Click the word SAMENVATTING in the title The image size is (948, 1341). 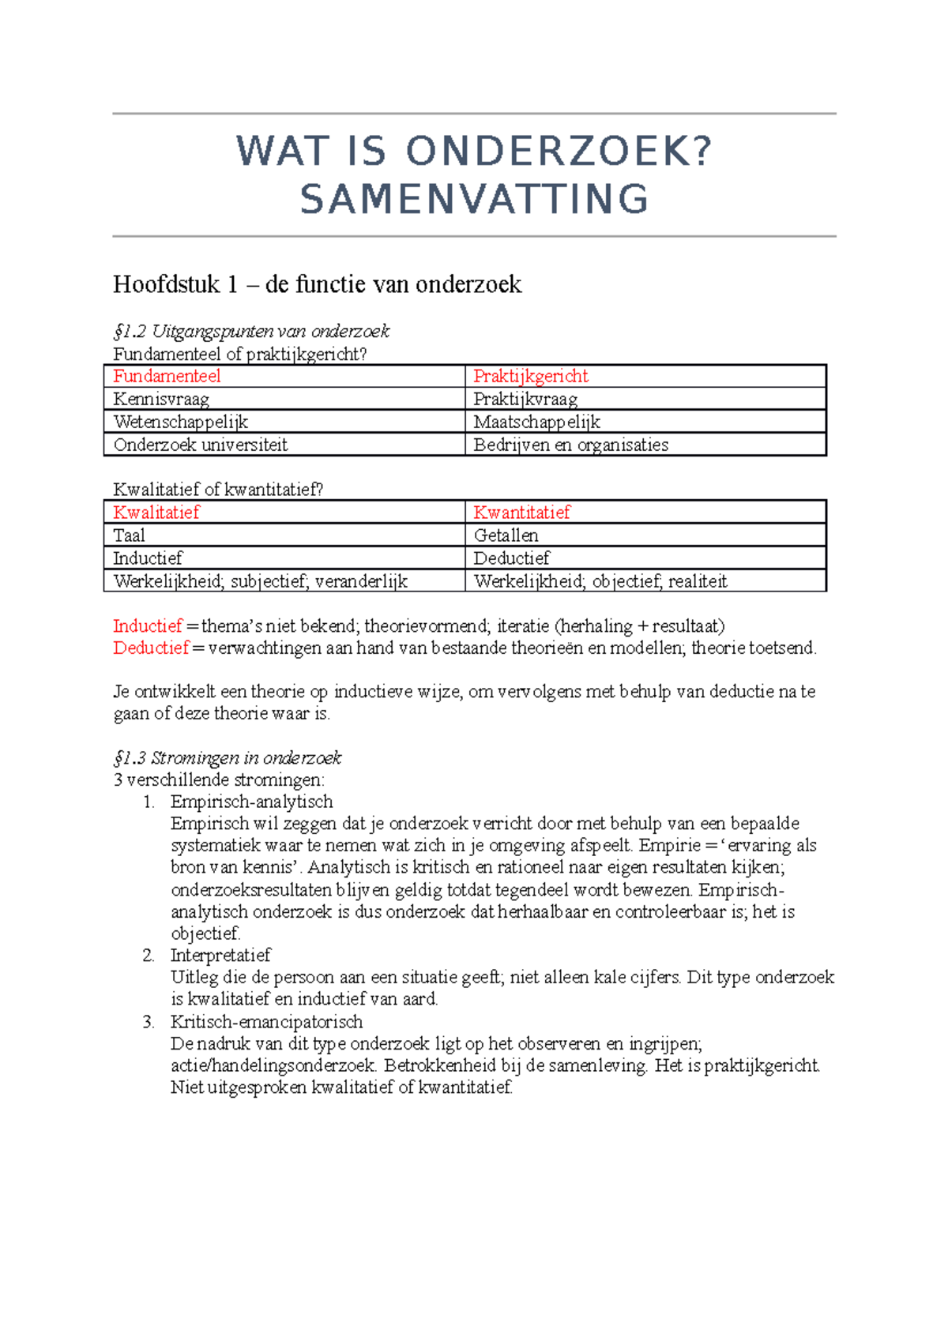475,199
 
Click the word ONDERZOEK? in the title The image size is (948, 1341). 559,152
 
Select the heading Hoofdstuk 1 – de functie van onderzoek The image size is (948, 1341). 317,284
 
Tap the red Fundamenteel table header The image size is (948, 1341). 167,376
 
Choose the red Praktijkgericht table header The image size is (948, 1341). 531,376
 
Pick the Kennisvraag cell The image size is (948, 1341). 161,399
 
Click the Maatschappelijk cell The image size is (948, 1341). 537,422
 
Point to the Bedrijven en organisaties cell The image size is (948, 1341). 570,445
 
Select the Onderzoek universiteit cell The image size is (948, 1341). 201,445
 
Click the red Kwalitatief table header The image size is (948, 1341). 156,513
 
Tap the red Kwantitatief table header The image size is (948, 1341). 521,513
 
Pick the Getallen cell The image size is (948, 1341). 506,535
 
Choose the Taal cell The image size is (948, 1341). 130,535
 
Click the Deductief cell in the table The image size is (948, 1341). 511,558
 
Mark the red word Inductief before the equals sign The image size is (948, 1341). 148,626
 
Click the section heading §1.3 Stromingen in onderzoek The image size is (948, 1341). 228,758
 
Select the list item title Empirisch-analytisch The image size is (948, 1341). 251,802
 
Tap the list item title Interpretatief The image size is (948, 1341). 220,955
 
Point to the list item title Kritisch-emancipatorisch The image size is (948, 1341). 266,1021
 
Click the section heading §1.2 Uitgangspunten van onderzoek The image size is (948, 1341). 251,331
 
